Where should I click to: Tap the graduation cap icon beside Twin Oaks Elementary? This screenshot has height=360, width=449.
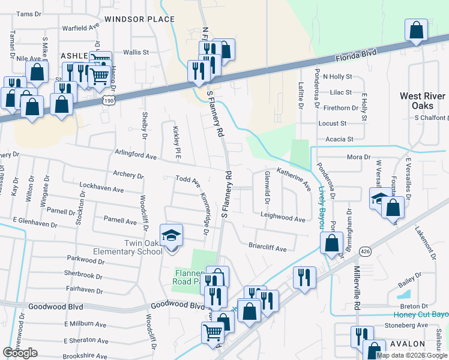click(171, 235)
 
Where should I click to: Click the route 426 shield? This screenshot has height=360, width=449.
click(364, 250)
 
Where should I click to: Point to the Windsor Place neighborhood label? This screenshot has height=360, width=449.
click(139, 19)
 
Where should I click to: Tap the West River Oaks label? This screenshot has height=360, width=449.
click(423, 100)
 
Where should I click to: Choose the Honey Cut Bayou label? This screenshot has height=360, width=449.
click(421, 314)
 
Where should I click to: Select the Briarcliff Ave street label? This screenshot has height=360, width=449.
click(267, 247)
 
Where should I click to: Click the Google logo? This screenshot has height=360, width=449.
click(20, 353)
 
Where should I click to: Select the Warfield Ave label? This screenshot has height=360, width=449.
click(80, 28)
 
